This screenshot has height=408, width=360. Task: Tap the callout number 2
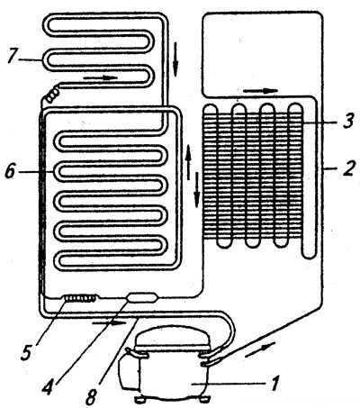349,168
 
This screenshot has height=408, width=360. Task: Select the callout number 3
347,121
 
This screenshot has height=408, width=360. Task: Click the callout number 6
11,172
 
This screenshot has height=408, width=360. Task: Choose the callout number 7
13,57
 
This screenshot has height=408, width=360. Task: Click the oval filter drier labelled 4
141,297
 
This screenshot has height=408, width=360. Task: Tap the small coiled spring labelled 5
80,298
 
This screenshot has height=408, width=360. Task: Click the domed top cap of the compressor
171,338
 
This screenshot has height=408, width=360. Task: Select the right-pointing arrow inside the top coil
100,77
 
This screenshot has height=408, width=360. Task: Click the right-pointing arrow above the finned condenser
260,91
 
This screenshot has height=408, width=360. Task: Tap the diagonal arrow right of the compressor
260,350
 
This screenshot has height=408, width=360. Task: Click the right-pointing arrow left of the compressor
109,323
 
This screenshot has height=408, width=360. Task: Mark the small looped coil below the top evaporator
52,95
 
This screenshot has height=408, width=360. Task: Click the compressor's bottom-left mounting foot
139,400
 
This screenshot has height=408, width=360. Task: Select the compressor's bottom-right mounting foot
205,399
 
